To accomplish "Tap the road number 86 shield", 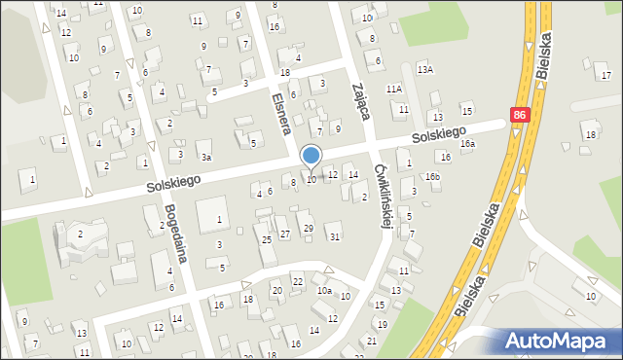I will [520, 115].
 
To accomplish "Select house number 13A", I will [424, 70].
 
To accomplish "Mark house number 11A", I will [393, 89].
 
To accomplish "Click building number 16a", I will [468, 144].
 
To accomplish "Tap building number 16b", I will [432, 176].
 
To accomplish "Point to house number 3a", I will [205, 157].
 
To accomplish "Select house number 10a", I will [324, 290].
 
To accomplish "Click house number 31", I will [334, 236].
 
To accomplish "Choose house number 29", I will [308, 228].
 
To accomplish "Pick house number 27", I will [284, 234].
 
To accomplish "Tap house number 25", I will [266, 239].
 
